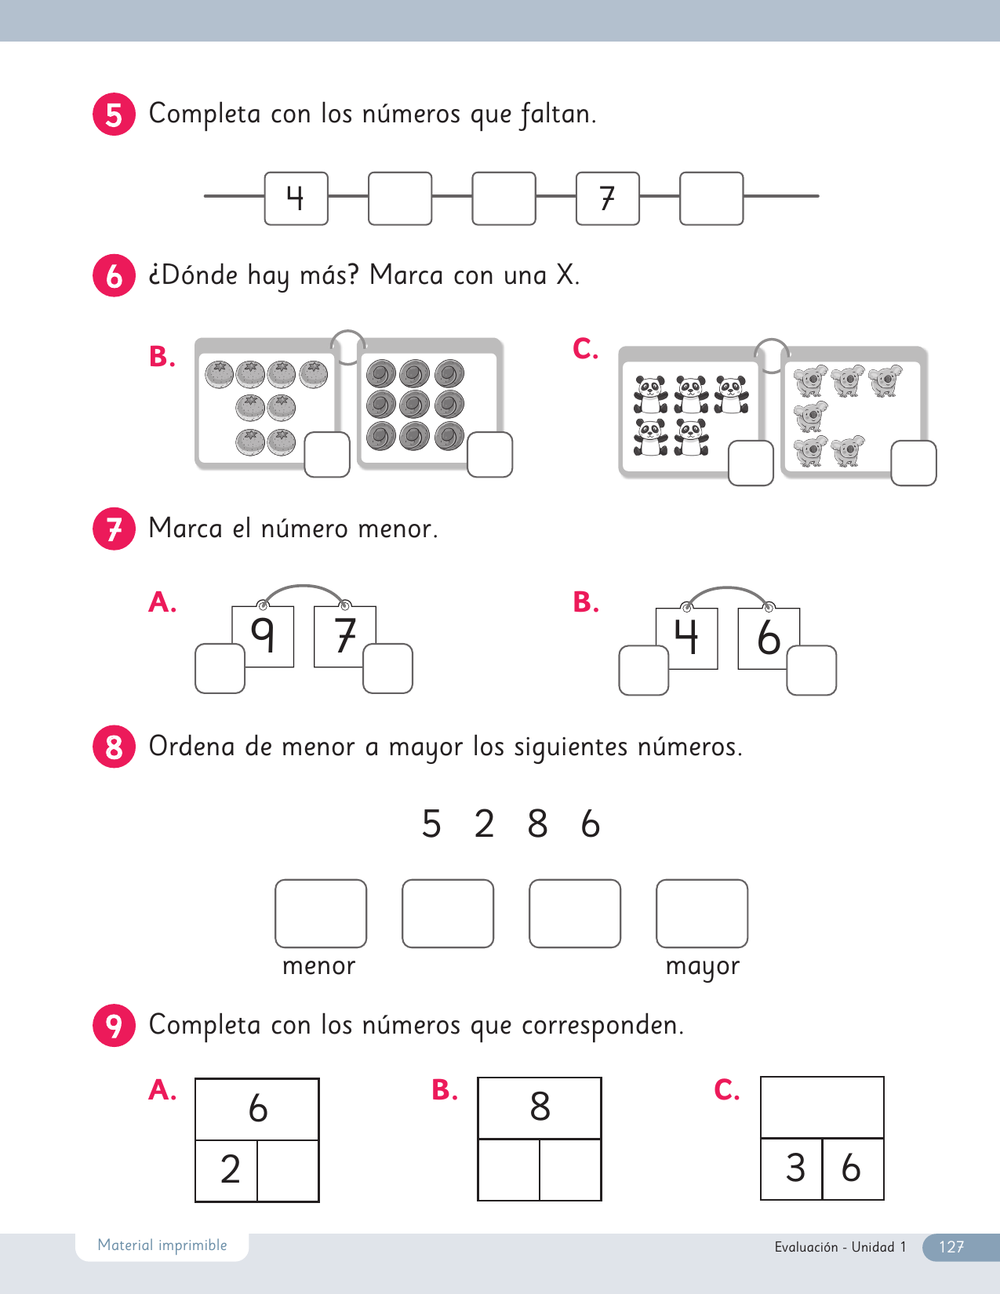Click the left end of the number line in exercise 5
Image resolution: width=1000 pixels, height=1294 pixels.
[x=204, y=196]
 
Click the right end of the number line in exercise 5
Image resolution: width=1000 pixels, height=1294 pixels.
[x=819, y=196]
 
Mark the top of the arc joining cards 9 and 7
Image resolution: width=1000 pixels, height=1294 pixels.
[x=304, y=587]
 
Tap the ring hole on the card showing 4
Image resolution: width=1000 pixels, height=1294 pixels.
[x=687, y=608]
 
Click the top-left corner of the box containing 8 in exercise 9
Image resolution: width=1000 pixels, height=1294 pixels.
[x=478, y=1078]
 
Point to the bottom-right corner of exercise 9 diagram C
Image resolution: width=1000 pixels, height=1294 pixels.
[x=884, y=1199]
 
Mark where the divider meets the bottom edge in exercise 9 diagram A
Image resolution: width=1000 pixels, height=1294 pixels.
[x=257, y=1201]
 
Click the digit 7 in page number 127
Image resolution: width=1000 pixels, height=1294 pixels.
[x=959, y=1247]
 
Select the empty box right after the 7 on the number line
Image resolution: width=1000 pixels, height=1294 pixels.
[x=711, y=198]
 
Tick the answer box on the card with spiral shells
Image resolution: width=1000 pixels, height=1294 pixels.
[x=489, y=454]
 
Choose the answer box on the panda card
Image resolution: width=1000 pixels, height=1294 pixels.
[x=751, y=463]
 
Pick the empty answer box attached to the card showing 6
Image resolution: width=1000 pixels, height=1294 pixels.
[x=811, y=671]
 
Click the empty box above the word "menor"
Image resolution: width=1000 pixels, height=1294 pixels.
[x=321, y=914]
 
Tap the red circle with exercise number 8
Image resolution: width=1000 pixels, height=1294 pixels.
[x=114, y=747]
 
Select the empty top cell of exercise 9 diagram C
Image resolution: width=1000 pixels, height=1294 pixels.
[x=822, y=1107]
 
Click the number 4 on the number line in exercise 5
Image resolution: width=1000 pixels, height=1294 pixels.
[x=296, y=198]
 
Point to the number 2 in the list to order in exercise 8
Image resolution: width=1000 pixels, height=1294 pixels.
[x=484, y=824]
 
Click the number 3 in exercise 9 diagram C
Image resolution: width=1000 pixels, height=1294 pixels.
[x=796, y=1168]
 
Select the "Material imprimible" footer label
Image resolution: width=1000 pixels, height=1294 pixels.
[x=162, y=1245]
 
